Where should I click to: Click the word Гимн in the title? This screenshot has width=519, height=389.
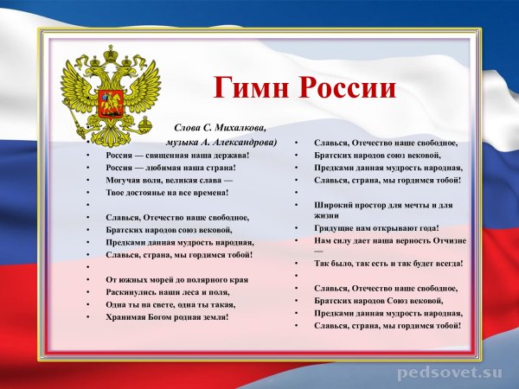click(x=252, y=88)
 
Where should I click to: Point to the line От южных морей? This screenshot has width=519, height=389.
click(x=176, y=280)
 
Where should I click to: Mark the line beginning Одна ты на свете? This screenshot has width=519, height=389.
click(x=169, y=305)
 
